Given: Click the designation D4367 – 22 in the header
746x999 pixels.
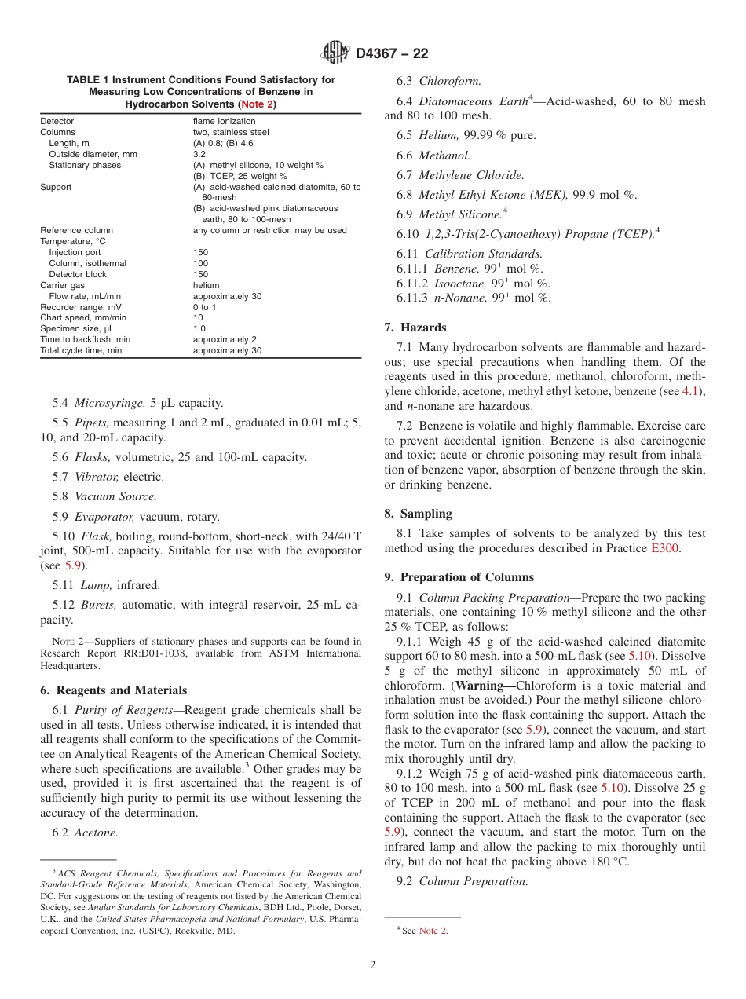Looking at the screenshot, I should pos(392,54).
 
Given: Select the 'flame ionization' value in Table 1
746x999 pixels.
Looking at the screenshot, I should pos(224,122).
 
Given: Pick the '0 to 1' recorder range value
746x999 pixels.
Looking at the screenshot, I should pos(205,307).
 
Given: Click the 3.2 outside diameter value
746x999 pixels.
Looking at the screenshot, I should pos(199,155).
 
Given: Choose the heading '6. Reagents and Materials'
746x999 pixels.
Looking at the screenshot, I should pos(113,690).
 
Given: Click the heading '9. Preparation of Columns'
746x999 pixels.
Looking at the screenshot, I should pos(459,577).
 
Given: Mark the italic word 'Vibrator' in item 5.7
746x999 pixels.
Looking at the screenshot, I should pos(96,477).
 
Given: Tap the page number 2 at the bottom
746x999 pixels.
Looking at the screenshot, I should pos(373,965).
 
